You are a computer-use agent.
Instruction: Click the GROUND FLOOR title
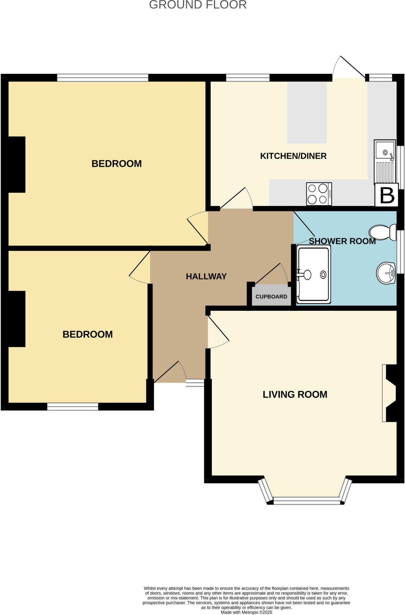[198, 5]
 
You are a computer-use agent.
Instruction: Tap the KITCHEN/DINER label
[293, 156]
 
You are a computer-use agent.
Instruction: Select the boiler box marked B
[387, 195]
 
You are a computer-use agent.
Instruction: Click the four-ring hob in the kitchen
[319, 194]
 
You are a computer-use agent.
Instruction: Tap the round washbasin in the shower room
[386, 273]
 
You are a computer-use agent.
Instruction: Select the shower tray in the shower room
[313, 274]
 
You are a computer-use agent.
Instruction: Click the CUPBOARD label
[271, 297]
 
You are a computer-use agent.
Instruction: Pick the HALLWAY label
[206, 277]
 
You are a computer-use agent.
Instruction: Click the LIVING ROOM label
[295, 394]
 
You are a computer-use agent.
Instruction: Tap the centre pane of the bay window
[307, 501]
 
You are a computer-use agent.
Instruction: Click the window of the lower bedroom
[73, 407]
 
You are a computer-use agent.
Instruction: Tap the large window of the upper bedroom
[103, 77]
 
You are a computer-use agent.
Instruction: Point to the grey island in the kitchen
[307, 113]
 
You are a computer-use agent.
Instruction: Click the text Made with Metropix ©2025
[246, 612]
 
